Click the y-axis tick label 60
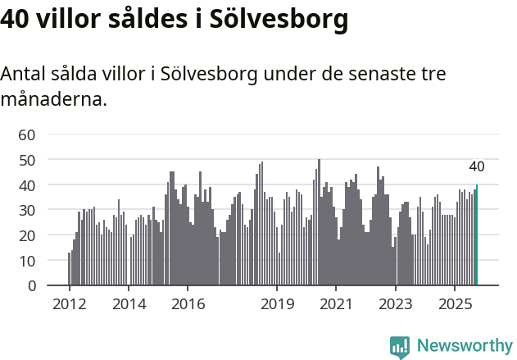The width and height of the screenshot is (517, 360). [x=27, y=134]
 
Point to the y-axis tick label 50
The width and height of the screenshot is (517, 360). [x=27, y=160]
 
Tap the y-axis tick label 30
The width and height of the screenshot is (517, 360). [x=27, y=210]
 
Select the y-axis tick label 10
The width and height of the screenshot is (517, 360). [x=27, y=261]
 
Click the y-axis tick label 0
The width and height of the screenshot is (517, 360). [x=31, y=286]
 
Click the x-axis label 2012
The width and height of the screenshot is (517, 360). [x=69, y=303]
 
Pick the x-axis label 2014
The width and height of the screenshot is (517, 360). [x=129, y=303]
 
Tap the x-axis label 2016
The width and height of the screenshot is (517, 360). [x=188, y=303]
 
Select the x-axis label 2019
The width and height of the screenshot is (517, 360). [x=277, y=303]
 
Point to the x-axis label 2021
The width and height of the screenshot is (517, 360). [x=336, y=303]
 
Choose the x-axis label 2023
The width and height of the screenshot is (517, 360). [x=396, y=303]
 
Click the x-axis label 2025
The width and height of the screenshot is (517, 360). [x=455, y=303]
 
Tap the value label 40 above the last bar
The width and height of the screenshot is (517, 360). [x=477, y=166]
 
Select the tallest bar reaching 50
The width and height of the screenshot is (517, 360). [x=319, y=222]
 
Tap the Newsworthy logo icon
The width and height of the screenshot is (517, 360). [x=400, y=347]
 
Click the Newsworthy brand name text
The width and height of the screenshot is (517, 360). [x=465, y=347]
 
